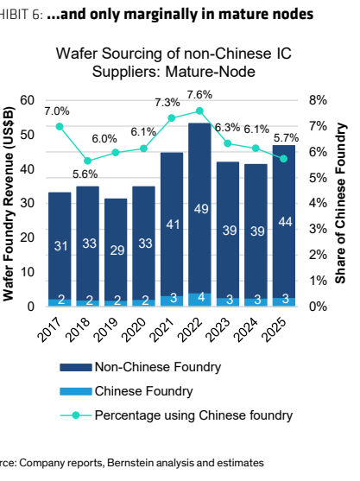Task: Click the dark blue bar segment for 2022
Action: click(199, 208)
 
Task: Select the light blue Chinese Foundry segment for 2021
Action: click(172, 301)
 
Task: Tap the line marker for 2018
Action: click(88, 161)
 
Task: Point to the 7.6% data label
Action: click(199, 95)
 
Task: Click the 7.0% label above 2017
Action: click(57, 111)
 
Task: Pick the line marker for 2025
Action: click(284, 159)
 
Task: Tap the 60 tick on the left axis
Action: click(28, 100)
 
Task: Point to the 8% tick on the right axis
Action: click(318, 100)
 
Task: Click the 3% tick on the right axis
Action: click(318, 229)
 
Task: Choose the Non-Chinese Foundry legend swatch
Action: click(76, 367)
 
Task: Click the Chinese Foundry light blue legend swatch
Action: click(76, 391)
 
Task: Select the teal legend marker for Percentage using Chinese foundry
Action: click(76, 415)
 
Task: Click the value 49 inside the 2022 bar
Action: click(201, 209)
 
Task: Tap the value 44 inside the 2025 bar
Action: click(285, 222)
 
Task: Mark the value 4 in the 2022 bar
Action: click(201, 297)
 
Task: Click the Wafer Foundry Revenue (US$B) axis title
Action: click(9, 204)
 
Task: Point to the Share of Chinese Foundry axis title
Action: click(340, 203)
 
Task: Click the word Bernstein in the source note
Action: click(127, 463)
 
